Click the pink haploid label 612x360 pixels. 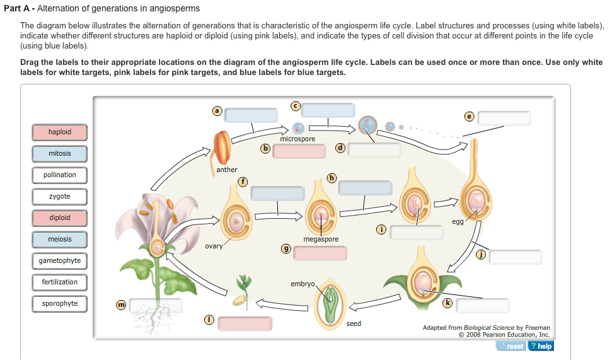(60, 132)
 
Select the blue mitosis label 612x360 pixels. (60, 154)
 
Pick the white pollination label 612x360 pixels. (60, 175)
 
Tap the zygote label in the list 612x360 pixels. (60, 197)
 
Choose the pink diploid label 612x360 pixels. (60, 218)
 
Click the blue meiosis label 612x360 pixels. (60, 240)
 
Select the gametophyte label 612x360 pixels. (60, 261)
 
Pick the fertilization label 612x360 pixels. (60, 282)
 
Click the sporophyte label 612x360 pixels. (60, 304)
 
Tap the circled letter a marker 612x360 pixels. (217, 110)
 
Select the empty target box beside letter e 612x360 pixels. (504, 119)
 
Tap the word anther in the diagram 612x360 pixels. (227, 170)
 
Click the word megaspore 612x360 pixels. (321, 240)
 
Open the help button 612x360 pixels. (541, 346)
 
